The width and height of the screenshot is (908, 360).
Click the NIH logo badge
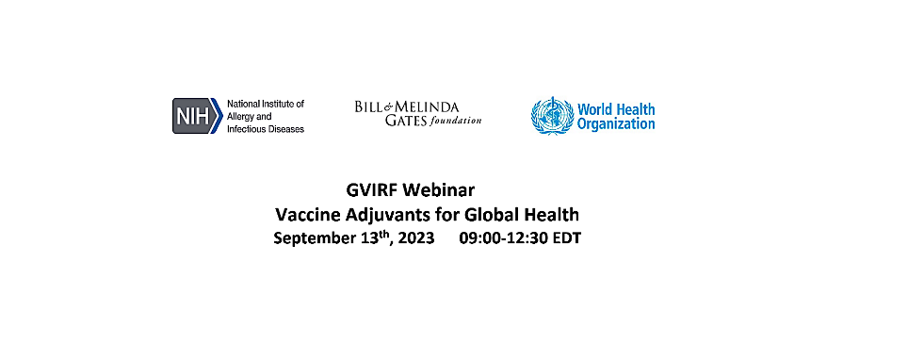pyautogui.click(x=195, y=116)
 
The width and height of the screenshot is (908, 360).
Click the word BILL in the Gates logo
pyautogui.click(x=370, y=106)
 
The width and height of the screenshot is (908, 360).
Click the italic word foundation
pyautogui.click(x=456, y=121)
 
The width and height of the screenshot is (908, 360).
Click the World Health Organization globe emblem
pyautogui.click(x=550, y=116)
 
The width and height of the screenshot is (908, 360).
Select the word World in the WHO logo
pyautogui.click(x=595, y=109)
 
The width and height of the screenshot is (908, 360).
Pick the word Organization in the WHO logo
pyautogui.click(x=616, y=123)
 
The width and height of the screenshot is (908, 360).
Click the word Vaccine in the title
pyautogui.click(x=305, y=215)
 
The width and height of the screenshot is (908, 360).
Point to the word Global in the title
pyautogui.click(x=479, y=215)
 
